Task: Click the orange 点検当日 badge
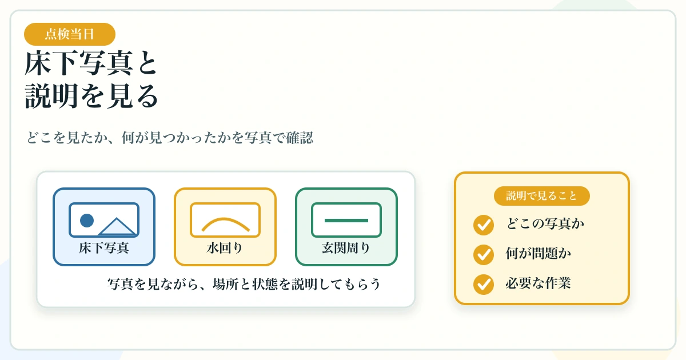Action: [70, 34]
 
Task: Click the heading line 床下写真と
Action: [91, 63]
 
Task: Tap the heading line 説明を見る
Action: [91, 96]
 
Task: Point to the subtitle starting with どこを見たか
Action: [170, 138]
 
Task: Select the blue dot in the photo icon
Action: [87, 221]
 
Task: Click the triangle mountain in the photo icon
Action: [117, 226]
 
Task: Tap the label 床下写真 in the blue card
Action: [104, 247]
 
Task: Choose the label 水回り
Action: [225, 247]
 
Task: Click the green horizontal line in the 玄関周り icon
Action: [346, 221]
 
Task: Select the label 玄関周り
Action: [346, 247]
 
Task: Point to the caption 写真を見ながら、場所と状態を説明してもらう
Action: [244, 284]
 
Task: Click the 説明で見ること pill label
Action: [541, 196]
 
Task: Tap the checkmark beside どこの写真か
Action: [484, 225]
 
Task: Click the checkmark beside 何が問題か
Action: [484, 255]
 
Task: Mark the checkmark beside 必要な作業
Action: [484, 285]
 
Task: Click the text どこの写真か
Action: [545, 223]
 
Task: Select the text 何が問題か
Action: [539, 253]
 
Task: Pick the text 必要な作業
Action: [539, 283]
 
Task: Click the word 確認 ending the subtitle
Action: [300, 138]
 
